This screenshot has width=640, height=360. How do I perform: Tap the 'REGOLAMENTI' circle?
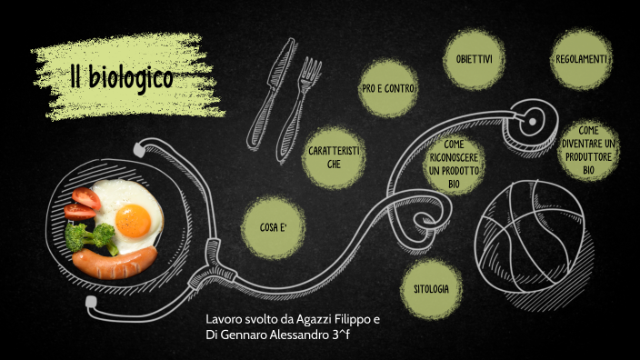coord(581,59)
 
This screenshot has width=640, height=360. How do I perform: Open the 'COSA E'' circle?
coord(273,226)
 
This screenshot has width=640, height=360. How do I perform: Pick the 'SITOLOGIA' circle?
coord(430,289)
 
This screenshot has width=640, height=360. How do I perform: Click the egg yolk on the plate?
coord(134,218)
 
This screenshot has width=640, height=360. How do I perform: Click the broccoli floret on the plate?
coord(94,238)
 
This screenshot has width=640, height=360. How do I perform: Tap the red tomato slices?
coord(82,203)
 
